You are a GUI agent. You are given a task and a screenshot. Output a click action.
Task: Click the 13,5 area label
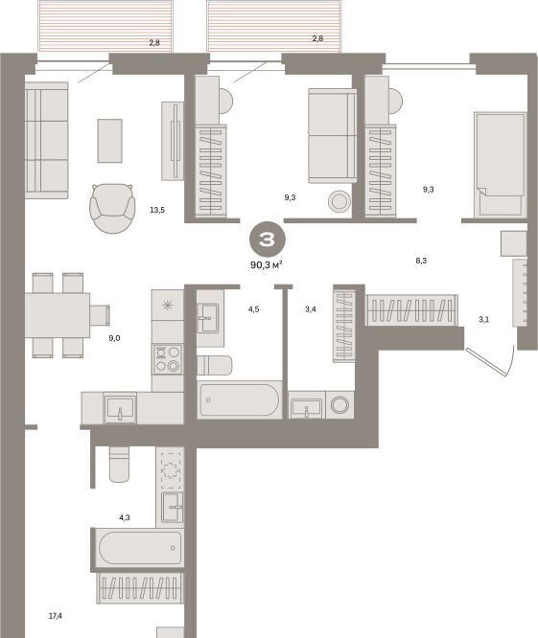[x=157, y=210]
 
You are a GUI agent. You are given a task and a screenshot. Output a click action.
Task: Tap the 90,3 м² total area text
[x=267, y=265]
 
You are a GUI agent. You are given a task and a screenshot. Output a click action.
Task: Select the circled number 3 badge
[x=268, y=239]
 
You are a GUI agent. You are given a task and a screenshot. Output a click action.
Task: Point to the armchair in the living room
[x=112, y=208]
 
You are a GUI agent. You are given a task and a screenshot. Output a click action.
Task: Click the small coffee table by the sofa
[x=109, y=141]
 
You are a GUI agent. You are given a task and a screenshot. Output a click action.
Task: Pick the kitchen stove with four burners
[x=168, y=359]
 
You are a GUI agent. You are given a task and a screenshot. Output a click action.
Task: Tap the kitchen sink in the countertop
[x=120, y=408]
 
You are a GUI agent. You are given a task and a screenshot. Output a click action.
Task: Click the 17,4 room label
[x=56, y=616]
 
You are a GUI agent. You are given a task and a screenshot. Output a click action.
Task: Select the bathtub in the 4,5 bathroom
[x=239, y=399]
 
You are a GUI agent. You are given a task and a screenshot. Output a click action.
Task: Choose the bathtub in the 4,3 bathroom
[x=139, y=548]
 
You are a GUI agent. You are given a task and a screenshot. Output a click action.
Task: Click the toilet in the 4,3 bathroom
[x=119, y=465]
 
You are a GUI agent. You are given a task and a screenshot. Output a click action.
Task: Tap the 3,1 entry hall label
[x=484, y=319]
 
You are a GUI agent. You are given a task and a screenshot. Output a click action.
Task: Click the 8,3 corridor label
[x=421, y=261]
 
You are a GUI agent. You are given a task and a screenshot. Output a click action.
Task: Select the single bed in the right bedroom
[x=501, y=165]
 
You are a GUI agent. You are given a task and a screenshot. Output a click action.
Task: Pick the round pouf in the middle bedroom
[x=339, y=201]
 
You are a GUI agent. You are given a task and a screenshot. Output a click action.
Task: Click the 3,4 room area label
[x=311, y=309]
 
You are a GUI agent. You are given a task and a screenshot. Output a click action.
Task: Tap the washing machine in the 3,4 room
[x=339, y=405]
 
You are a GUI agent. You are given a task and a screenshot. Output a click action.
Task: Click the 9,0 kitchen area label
[x=114, y=338]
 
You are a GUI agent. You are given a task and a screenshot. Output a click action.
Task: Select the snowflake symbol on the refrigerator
[x=168, y=305]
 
